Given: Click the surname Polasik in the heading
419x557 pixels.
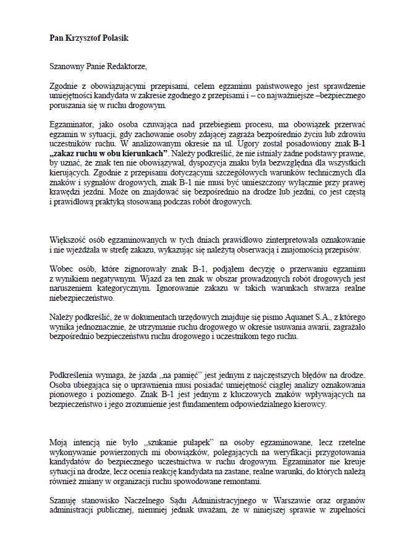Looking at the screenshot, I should point(113,38).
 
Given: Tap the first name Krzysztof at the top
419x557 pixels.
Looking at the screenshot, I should point(78,38).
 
